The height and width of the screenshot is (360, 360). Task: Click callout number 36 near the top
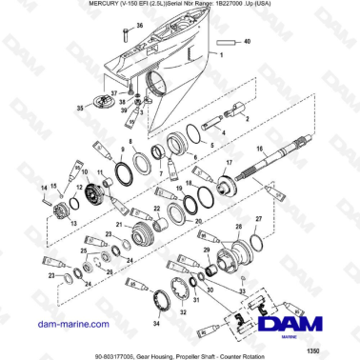(139, 25)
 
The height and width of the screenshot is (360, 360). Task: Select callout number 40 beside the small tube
(250, 44)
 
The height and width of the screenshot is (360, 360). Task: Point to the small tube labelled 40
(227, 44)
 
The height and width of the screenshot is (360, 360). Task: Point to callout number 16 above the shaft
(257, 150)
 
